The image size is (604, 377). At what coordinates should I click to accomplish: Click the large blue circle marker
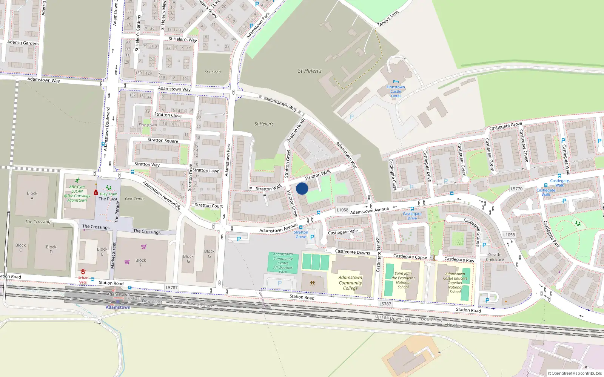point(302,188)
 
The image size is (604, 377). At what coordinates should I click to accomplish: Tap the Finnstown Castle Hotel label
point(396,92)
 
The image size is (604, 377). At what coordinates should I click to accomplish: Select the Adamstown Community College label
point(350,283)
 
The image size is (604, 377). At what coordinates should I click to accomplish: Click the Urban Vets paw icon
point(83,271)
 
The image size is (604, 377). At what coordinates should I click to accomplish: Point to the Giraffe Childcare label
point(495,257)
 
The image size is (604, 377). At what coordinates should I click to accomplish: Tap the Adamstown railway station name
point(118,307)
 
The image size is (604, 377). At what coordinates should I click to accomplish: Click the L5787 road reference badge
point(385,304)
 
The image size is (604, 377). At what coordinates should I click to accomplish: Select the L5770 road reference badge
point(516,189)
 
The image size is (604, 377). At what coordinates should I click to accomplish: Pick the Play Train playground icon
point(109,187)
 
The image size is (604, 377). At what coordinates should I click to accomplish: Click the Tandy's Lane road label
point(388,18)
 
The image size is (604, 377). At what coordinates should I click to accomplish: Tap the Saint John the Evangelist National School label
point(403,280)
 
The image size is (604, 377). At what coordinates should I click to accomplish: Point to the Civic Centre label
point(135,199)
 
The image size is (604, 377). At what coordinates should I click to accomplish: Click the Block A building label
point(32,196)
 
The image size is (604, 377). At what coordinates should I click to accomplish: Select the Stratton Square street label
point(163,140)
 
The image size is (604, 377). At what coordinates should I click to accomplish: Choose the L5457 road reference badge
point(171,288)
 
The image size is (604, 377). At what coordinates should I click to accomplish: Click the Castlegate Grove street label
point(505,126)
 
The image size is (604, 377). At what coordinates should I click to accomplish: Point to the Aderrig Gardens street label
point(23,43)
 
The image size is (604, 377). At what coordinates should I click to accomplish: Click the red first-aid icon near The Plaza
point(96,193)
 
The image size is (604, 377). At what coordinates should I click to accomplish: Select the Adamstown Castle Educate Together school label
point(455,283)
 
